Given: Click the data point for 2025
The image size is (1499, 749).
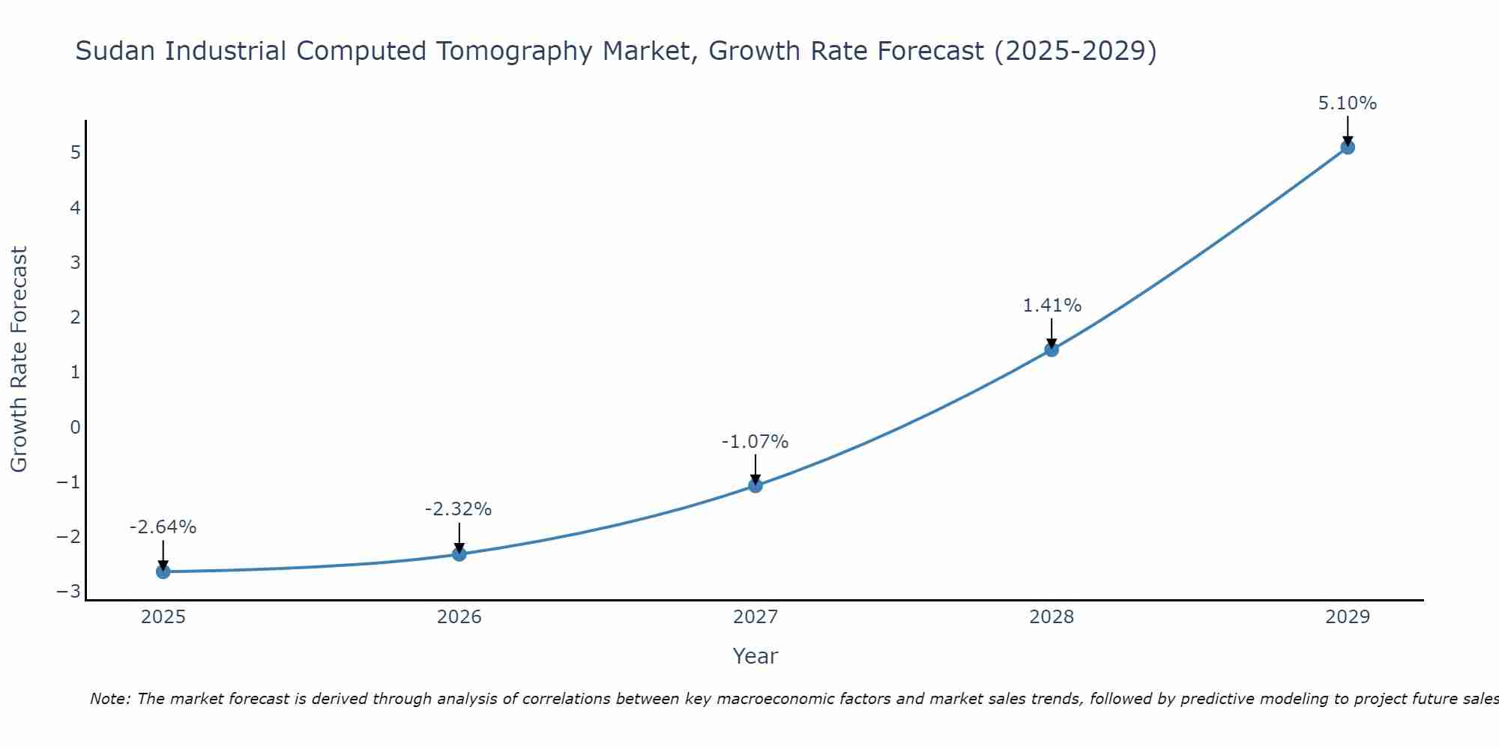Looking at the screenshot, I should [163, 571].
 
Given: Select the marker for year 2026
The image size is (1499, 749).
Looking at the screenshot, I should [459, 554].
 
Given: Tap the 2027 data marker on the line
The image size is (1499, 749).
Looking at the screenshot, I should [755, 485].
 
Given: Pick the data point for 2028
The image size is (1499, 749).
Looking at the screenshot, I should [1052, 349].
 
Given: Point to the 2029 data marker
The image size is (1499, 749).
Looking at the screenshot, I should [1348, 148].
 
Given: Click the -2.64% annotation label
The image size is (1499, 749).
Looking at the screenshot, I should [163, 527].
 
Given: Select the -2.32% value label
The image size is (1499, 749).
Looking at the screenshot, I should [459, 509].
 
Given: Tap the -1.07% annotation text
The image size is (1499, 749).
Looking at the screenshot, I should [755, 442].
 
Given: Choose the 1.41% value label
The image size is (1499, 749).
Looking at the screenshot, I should [1052, 306].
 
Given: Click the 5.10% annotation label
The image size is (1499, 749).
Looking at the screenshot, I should [1348, 103].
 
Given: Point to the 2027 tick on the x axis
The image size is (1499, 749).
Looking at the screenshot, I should [755, 617].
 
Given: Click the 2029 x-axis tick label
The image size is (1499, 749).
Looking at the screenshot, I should [1348, 617].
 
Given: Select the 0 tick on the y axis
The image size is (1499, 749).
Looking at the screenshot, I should [75, 427].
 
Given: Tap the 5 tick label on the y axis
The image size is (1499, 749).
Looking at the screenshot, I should [75, 153].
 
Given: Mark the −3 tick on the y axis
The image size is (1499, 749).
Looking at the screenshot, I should [69, 592].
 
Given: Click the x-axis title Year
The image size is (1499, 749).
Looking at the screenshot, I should [755, 656].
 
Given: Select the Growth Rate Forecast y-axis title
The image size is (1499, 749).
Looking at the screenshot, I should [19, 360].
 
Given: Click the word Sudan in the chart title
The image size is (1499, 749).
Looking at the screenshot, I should [116, 51].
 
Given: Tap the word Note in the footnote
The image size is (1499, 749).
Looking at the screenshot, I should [109, 699].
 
